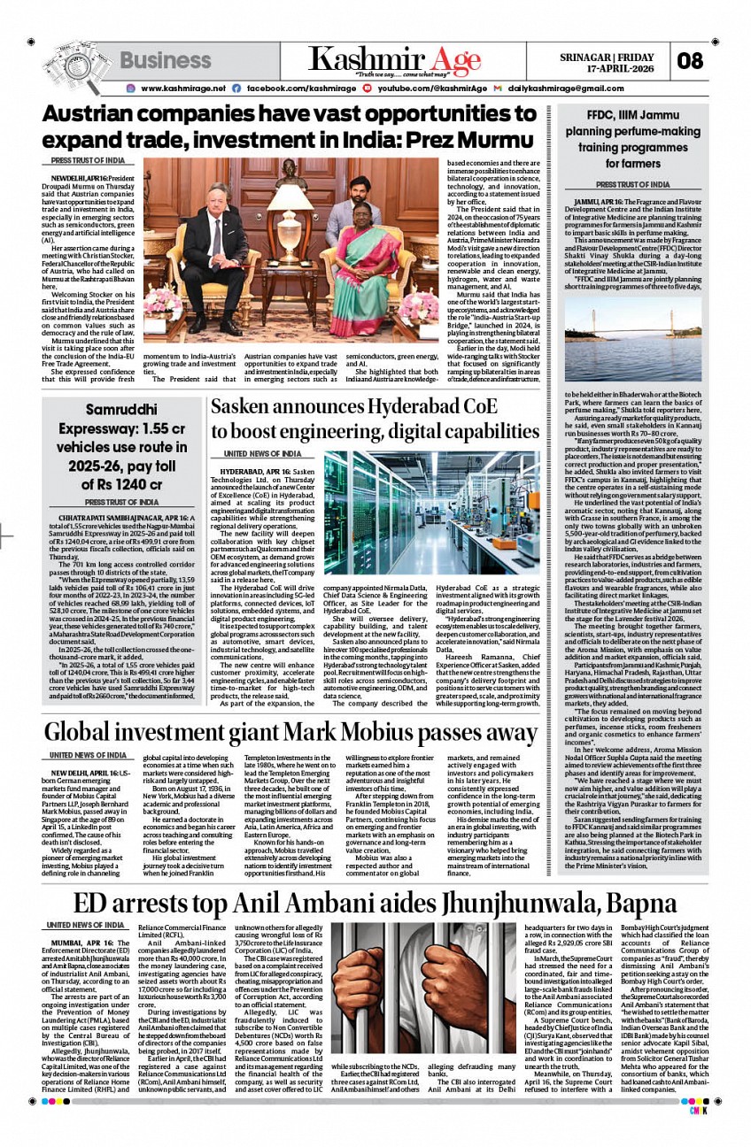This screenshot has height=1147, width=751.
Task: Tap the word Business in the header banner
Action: (x=166, y=60)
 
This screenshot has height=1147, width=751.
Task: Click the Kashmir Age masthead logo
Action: (x=395, y=59)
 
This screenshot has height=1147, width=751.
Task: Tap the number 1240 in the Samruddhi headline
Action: (x=135, y=484)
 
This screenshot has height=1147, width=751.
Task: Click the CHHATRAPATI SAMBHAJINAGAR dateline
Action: (x=105, y=517)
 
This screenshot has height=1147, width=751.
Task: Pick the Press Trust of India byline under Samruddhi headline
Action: (x=121, y=503)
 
